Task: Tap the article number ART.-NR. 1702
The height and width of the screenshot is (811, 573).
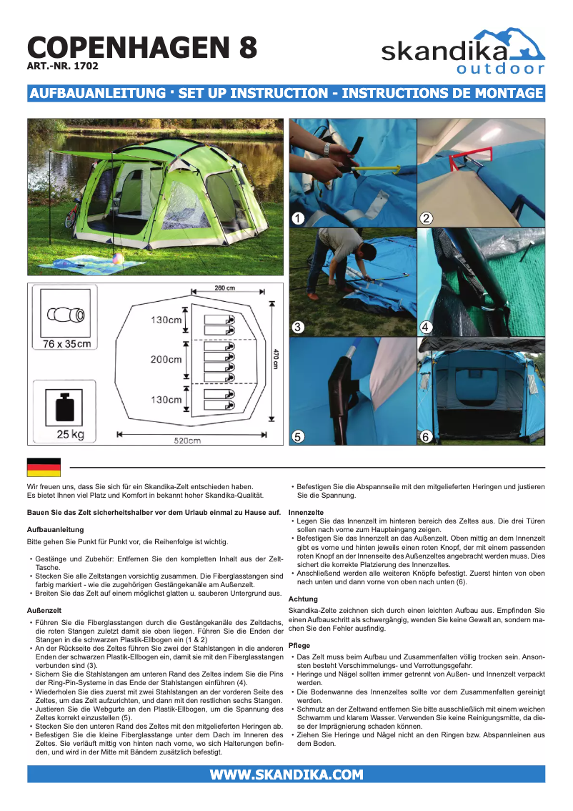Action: pyautogui.click(x=62, y=67)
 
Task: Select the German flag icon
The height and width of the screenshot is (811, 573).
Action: pyautogui.click(x=44, y=468)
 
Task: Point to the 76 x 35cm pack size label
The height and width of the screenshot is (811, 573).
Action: pyautogui.click(x=67, y=344)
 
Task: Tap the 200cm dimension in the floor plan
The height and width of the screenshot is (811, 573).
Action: pyautogui.click(x=166, y=359)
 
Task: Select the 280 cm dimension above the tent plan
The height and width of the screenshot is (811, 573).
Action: pyautogui.click(x=225, y=288)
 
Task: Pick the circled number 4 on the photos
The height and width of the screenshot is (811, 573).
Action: pyautogui.click(x=427, y=328)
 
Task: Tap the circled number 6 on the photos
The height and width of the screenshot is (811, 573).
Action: pyautogui.click(x=427, y=436)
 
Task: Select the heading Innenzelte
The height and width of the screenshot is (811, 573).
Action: pyautogui.click(x=306, y=513)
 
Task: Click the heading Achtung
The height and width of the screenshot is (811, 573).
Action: pyautogui.click(x=303, y=599)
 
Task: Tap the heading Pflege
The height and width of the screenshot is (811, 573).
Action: pyautogui.click(x=299, y=646)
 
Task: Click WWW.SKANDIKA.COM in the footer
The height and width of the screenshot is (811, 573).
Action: pyautogui.click(x=286, y=775)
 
